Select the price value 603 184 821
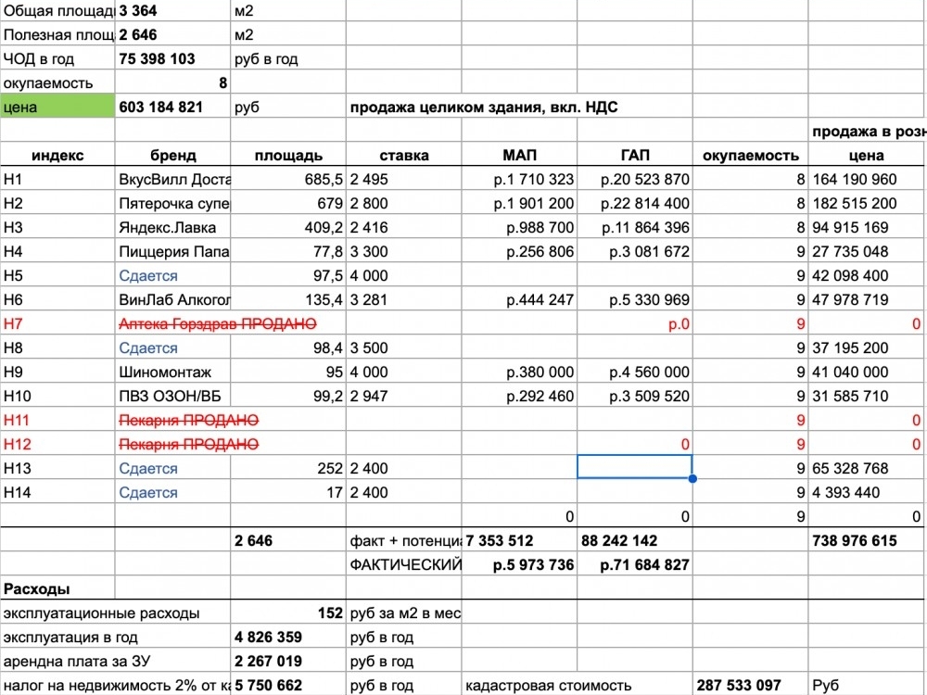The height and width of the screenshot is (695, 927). pyautogui.click(x=161, y=107)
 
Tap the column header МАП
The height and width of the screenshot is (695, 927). pyautogui.click(x=519, y=156)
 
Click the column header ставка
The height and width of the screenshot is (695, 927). pyautogui.click(x=403, y=156)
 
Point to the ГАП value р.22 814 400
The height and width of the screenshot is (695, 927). pyautogui.click(x=645, y=204)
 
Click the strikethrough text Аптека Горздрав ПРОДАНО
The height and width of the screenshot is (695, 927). pyautogui.click(x=218, y=324)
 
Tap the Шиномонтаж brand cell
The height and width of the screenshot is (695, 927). pyautogui.click(x=165, y=373)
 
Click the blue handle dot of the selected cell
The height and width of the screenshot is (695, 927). pyautogui.click(x=692, y=479)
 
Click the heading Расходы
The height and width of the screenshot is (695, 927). pyautogui.click(x=37, y=589)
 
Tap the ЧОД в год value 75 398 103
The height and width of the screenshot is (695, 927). pyautogui.click(x=158, y=59)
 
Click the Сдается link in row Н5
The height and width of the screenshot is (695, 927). pyautogui.click(x=148, y=276)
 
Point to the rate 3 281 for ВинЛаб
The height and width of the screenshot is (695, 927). pyautogui.click(x=369, y=300)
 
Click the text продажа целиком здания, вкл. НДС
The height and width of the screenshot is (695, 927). pyautogui.click(x=484, y=107)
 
